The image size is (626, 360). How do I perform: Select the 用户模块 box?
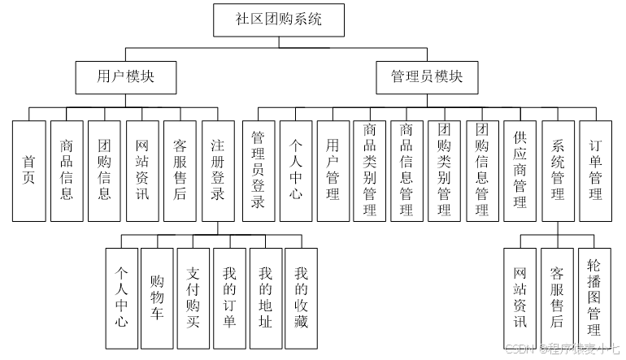[x=125, y=77]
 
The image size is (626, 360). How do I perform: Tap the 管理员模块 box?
[x=427, y=77]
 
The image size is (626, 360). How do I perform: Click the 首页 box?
[x=29, y=171]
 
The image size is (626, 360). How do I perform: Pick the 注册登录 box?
[x=217, y=171]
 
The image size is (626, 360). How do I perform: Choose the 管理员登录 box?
[x=259, y=171]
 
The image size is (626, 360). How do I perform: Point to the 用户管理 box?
[x=333, y=171]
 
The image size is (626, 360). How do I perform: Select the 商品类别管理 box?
[x=370, y=171]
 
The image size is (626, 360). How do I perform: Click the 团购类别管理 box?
[x=445, y=171]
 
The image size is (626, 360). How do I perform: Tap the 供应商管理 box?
[x=520, y=171]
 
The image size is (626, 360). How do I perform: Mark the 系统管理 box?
[x=558, y=171]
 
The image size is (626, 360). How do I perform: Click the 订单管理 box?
[x=596, y=171]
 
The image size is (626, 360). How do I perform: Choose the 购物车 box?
[x=157, y=297]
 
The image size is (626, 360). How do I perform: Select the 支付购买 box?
[x=193, y=297]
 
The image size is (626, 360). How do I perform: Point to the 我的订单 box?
[x=229, y=297]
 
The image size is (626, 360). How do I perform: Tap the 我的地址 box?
[x=265, y=297]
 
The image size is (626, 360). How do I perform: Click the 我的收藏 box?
[x=302, y=297]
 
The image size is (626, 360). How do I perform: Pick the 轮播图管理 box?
[x=594, y=297]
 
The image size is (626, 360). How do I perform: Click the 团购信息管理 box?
[x=482, y=171]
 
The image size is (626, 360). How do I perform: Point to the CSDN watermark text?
[x=562, y=347]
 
